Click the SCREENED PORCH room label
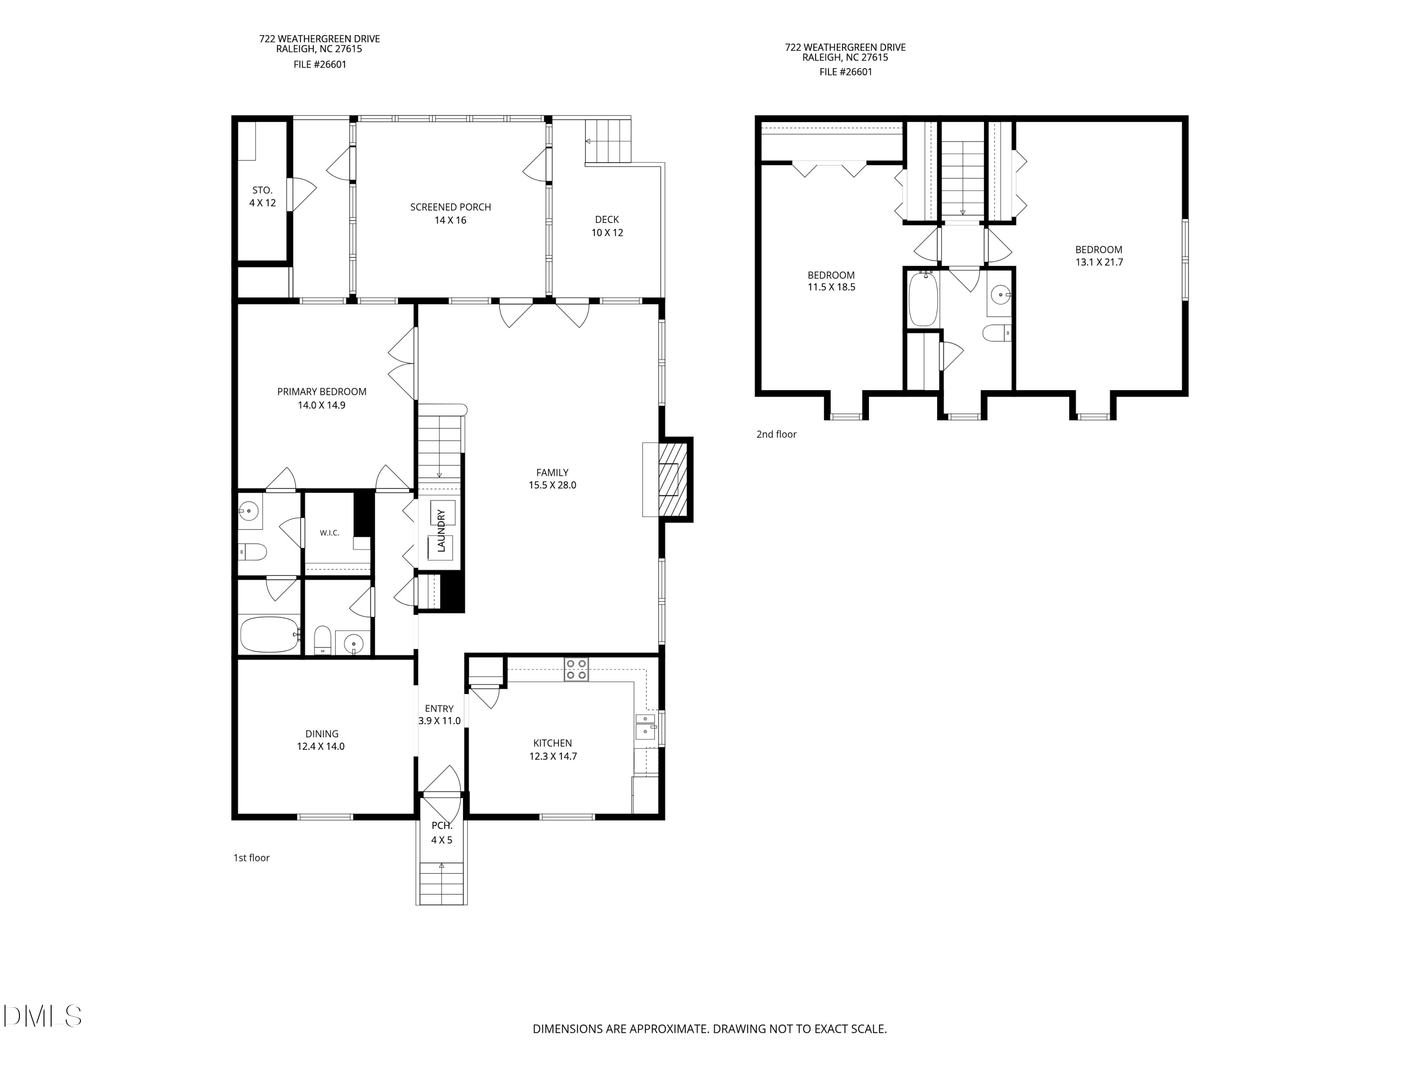point(451,207)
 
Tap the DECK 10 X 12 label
point(607,226)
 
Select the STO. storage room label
point(263,191)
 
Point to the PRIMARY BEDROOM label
point(321,391)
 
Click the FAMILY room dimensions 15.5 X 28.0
point(553,485)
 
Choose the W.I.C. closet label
point(329,533)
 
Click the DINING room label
point(321,734)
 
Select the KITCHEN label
point(553,744)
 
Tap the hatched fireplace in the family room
point(672,479)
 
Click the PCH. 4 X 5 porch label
point(442,833)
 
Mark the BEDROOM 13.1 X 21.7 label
point(1099,256)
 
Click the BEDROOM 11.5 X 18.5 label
point(831,281)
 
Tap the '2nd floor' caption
point(776,435)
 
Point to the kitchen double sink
point(646,727)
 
